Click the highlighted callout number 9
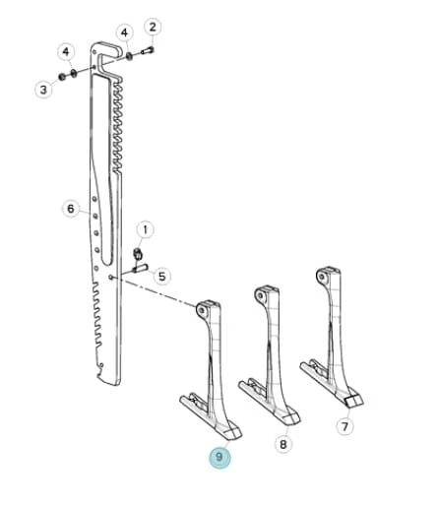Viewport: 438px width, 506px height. [219, 457]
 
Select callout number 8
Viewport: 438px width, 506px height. [283, 444]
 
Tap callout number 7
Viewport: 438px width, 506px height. [344, 426]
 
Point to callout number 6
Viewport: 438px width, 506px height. [71, 209]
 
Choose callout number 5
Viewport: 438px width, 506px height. [162, 277]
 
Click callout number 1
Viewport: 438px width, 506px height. [145, 229]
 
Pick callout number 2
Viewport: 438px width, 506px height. [153, 27]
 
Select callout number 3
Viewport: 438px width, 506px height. [43, 89]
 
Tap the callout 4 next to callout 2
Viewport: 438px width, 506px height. [124, 32]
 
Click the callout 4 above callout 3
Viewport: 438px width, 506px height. [66, 52]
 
